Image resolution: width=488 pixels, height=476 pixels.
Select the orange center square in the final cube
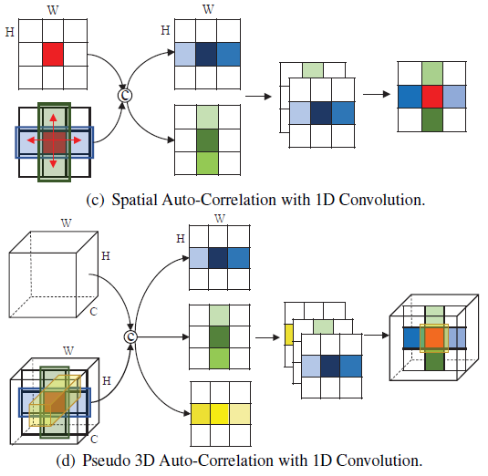pyautogui.click(x=434, y=338)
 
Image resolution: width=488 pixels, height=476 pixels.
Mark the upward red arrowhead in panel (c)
pyautogui.click(x=53, y=119)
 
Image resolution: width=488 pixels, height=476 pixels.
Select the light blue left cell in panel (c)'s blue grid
pyautogui.click(x=185, y=53)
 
